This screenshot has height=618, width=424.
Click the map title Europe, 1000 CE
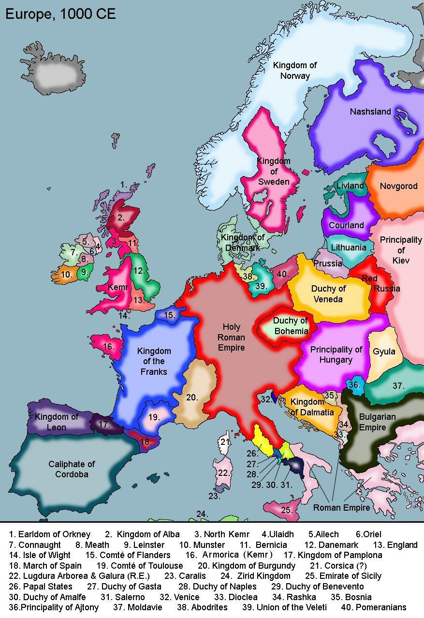(x=60, y=14)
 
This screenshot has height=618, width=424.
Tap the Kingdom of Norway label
(x=294, y=71)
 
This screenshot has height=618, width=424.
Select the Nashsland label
(x=370, y=112)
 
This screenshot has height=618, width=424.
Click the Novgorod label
(x=398, y=186)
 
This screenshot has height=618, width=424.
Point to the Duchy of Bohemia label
(x=290, y=325)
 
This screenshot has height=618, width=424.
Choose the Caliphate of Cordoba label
(x=72, y=469)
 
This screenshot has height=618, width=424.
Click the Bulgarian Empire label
(x=377, y=422)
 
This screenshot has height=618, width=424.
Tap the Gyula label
(x=384, y=352)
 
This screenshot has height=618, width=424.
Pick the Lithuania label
(x=348, y=248)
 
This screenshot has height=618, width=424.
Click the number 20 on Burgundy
(x=192, y=397)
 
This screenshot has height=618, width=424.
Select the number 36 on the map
(x=354, y=384)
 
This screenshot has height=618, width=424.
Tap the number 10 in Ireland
(x=66, y=275)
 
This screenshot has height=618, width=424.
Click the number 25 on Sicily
(x=286, y=510)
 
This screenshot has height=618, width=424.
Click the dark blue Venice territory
(x=274, y=397)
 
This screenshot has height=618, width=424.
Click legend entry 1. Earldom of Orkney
(x=49, y=534)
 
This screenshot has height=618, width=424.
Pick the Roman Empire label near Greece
(x=341, y=508)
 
